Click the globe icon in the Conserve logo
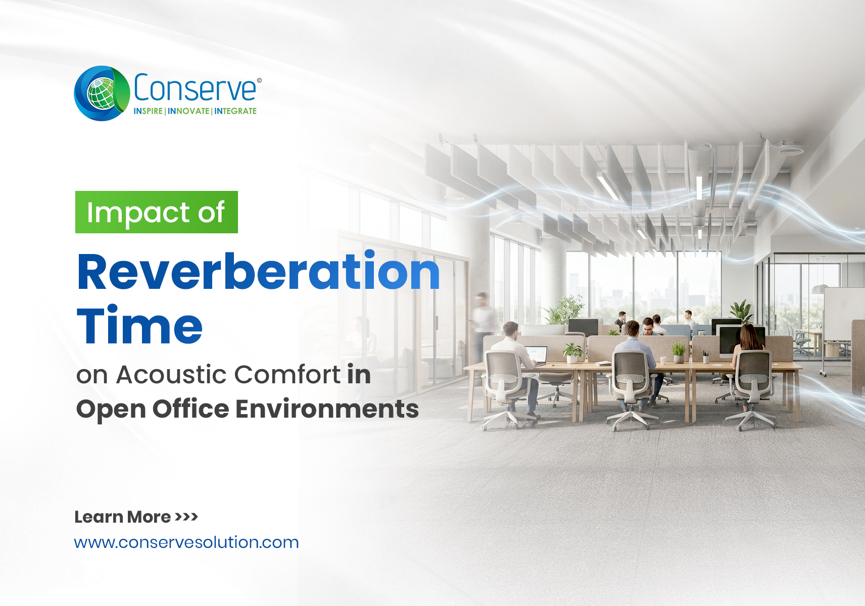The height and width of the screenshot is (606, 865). pyautogui.click(x=102, y=93)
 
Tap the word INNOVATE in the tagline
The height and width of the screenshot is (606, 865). pyautogui.click(x=188, y=111)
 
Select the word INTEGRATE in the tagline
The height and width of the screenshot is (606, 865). pyautogui.click(x=235, y=111)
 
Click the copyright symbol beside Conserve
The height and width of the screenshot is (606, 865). pyautogui.click(x=259, y=80)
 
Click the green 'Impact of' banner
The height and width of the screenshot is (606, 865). pyautogui.click(x=157, y=212)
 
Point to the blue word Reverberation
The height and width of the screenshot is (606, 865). pyautogui.click(x=258, y=271)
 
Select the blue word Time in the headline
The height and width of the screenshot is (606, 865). pyautogui.click(x=139, y=325)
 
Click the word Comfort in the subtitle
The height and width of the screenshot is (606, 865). pyautogui.click(x=287, y=374)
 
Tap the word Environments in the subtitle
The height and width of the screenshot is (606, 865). pyautogui.click(x=327, y=409)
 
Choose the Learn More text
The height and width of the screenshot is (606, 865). pyautogui.click(x=122, y=517)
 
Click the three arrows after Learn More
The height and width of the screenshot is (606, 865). pyautogui.click(x=186, y=517)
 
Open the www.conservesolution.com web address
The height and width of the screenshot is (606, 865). pyautogui.click(x=186, y=542)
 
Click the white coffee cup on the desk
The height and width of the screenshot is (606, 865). pyautogui.click(x=663, y=361)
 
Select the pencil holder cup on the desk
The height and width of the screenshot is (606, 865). pyautogui.click(x=705, y=358)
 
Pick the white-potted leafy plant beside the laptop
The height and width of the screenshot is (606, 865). pyautogui.click(x=572, y=353)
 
